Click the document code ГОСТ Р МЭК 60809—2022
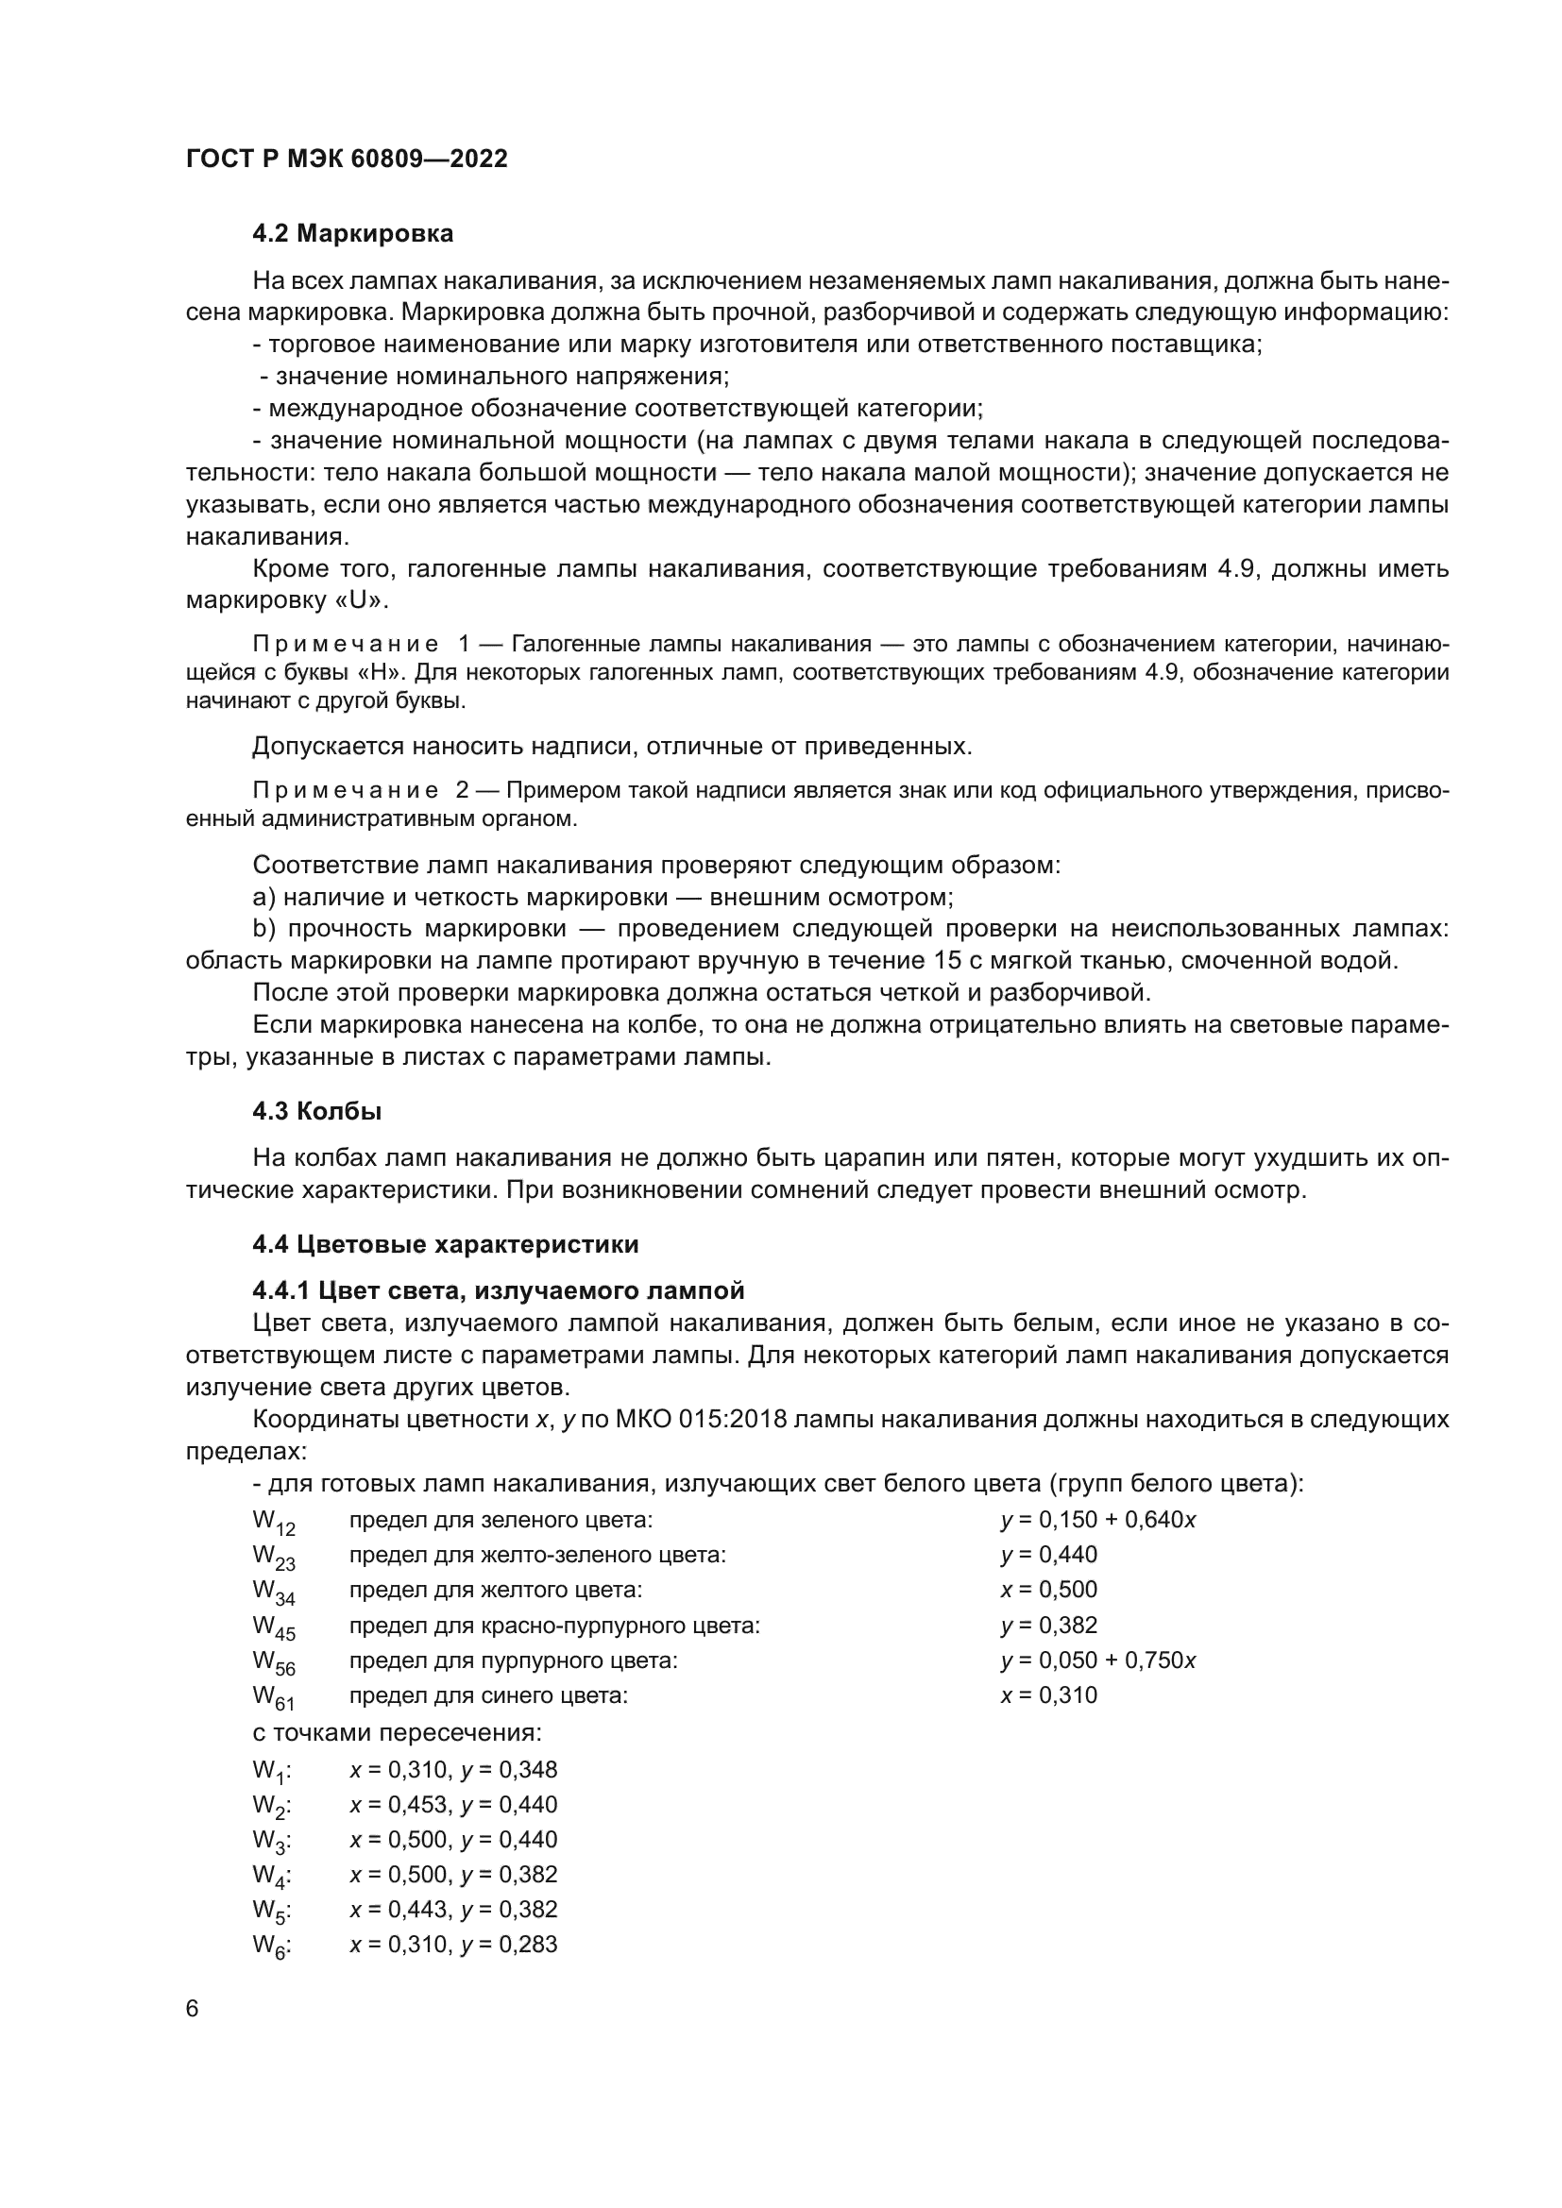(x=347, y=160)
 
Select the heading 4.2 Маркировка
(x=352, y=234)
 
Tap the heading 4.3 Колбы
(x=316, y=1112)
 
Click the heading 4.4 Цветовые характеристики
(x=446, y=1244)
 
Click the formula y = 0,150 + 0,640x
(x=1097, y=1521)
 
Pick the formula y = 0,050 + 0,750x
(x=1097, y=1660)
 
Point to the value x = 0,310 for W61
(x=1048, y=1695)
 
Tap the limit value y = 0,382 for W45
(x=1048, y=1626)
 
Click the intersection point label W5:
(x=272, y=1910)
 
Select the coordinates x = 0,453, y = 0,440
(x=453, y=1804)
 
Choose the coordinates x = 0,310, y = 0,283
(x=453, y=1944)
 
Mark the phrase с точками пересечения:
(x=398, y=1733)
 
